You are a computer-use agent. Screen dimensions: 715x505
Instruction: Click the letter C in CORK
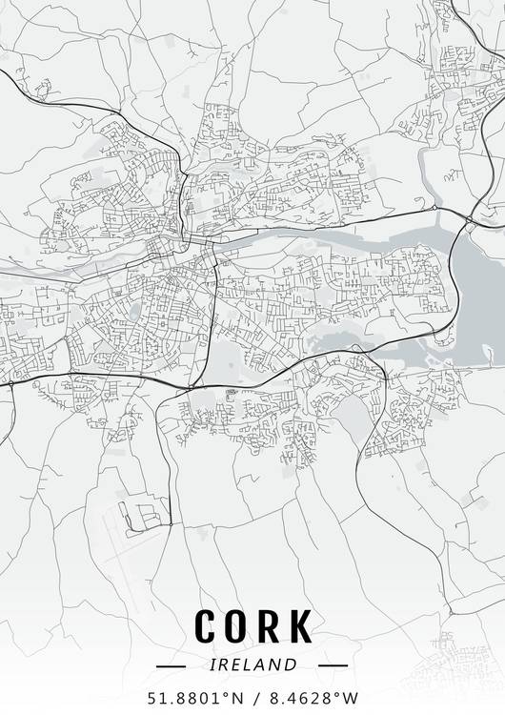click(207, 625)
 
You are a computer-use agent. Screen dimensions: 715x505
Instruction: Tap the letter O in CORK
click(238, 625)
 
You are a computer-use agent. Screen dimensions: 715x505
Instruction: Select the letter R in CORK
click(270, 625)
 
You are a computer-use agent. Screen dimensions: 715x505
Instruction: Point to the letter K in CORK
click(300, 625)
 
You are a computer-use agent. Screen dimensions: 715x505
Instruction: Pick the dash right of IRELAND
click(333, 664)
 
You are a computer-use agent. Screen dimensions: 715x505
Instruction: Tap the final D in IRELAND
click(293, 664)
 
